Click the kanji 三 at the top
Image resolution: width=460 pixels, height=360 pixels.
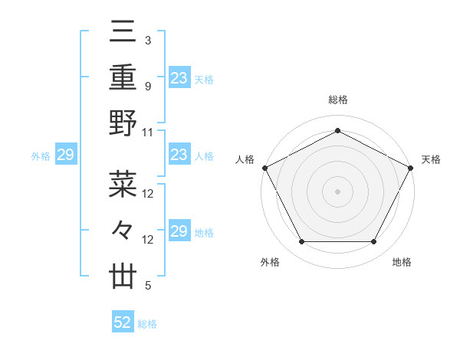pyautogui.click(x=123, y=32)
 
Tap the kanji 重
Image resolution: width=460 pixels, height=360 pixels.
pyautogui.click(x=123, y=77)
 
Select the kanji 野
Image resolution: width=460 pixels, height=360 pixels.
pyautogui.click(x=123, y=123)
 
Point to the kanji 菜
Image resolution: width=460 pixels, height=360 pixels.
pyautogui.click(x=123, y=184)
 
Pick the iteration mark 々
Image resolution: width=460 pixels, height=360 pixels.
pyautogui.click(x=123, y=230)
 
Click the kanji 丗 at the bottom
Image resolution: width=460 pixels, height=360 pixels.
pyautogui.click(x=123, y=276)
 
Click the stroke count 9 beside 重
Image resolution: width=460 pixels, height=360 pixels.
pyautogui.click(x=147, y=87)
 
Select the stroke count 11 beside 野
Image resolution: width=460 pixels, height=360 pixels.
pyautogui.click(x=148, y=132)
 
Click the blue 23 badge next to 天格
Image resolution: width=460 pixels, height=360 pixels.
pyautogui.click(x=179, y=78)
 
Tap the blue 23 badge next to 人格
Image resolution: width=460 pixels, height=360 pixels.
pyautogui.click(x=179, y=155)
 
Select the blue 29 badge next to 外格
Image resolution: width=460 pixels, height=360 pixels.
pyautogui.click(x=66, y=155)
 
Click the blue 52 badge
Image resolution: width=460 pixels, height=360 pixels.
pyautogui.click(x=123, y=323)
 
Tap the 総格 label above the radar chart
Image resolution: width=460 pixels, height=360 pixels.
pyautogui.click(x=337, y=100)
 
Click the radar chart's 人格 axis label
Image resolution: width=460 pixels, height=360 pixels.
pyautogui.click(x=245, y=159)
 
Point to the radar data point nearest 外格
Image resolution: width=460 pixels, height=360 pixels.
pyautogui.click(x=301, y=242)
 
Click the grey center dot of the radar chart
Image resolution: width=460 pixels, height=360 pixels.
pyautogui.click(x=337, y=191)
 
